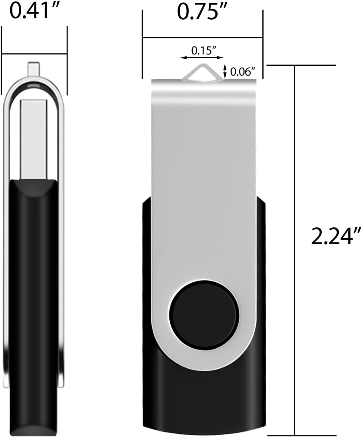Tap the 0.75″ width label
point(202,13)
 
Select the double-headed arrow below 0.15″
point(202,57)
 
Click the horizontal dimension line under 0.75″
point(202,38)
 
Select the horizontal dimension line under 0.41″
point(34,54)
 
